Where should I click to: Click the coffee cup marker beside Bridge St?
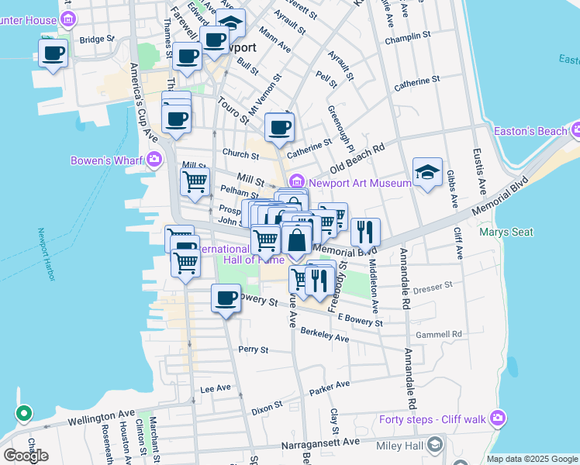53,53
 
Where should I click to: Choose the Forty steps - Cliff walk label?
433,419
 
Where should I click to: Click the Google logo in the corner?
26,456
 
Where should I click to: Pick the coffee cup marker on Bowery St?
226,298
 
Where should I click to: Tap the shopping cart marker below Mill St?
195,181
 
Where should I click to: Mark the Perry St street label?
253,350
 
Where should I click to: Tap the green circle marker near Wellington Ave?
23,413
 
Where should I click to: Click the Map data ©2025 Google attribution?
531,459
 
